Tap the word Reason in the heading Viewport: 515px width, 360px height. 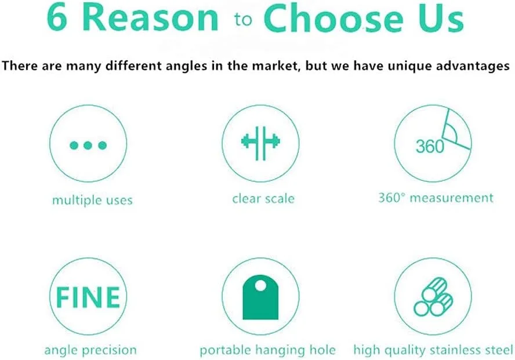[x=150, y=18]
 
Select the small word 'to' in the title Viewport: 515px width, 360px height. [x=243, y=20]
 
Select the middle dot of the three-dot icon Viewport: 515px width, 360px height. [x=88, y=145]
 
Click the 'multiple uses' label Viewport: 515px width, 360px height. [x=92, y=200]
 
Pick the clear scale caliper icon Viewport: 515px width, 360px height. [x=260, y=143]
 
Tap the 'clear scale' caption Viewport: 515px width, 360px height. [x=263, y=198]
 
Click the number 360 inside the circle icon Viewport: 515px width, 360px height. [x=430, y=146]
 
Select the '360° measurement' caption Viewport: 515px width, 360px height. [x=436, y=198]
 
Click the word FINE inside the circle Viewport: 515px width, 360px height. [x=88, y=297]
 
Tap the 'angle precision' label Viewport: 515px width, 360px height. [x=90, y=350]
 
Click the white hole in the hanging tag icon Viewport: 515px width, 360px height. [x=260, y=285]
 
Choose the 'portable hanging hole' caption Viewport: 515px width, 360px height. [x=268, y=350]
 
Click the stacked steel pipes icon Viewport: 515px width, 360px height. [x=433, y=297]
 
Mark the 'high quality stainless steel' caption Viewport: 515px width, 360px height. [x=433, y=350]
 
